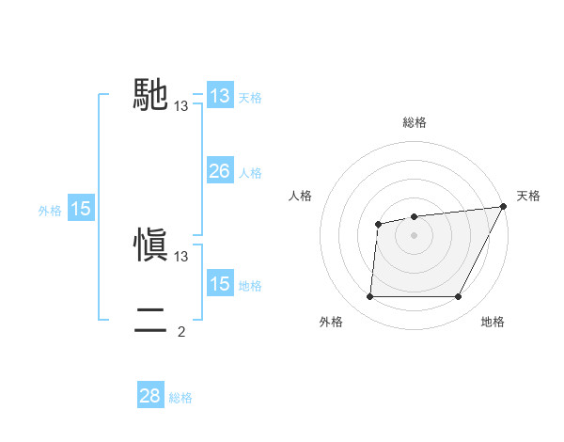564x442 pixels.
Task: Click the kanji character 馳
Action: (150, 95)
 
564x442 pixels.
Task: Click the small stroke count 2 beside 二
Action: (181, 331)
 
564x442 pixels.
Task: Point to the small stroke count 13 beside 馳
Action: (181, 106)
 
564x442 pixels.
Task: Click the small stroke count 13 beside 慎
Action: (181, 256)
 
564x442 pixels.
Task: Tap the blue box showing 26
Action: (219, 171)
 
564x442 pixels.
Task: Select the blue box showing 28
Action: (149, 396)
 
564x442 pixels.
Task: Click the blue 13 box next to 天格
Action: (219, 96)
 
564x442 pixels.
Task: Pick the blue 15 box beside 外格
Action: (81, 209)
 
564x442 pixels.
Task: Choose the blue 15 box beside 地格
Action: (219, 284)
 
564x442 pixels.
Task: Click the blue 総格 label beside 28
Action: (180, 398)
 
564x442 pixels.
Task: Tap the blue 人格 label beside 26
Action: (250, 173)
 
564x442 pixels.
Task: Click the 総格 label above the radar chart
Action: (414, 122)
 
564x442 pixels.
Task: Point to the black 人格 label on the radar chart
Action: (301, 196)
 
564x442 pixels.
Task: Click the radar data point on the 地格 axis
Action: (459, 297)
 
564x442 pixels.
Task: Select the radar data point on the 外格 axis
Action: (369, 297)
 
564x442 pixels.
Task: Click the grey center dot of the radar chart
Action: (414, 234)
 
